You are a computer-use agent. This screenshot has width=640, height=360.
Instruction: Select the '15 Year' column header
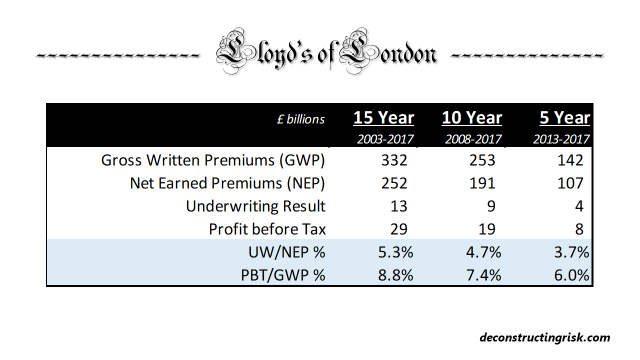(383, 118)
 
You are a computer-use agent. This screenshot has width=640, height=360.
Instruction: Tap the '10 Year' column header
(471, 118)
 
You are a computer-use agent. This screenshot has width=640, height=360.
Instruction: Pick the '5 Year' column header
(564, 118)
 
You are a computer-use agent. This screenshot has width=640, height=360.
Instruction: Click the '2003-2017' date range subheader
(385, 138)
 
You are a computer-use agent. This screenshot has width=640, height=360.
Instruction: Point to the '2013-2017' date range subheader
(561, 138)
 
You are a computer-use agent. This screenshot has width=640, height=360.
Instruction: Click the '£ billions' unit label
(301, 119)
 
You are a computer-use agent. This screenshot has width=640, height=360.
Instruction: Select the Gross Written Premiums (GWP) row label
(213, 160)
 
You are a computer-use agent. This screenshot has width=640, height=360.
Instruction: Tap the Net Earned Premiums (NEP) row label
(227, 183)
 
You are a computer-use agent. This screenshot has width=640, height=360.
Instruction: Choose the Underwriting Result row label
(255, 206)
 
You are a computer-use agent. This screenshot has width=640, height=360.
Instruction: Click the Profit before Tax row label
(267, 229)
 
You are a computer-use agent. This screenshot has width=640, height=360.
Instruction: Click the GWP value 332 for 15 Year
(394, 160)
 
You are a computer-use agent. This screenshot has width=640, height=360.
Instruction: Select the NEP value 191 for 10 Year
(482, 183)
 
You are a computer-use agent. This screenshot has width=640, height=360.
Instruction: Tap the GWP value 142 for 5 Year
(570, 160)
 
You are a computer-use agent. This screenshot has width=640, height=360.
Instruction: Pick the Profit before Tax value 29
(398, 229)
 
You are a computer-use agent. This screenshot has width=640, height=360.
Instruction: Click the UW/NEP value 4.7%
(481, 252)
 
